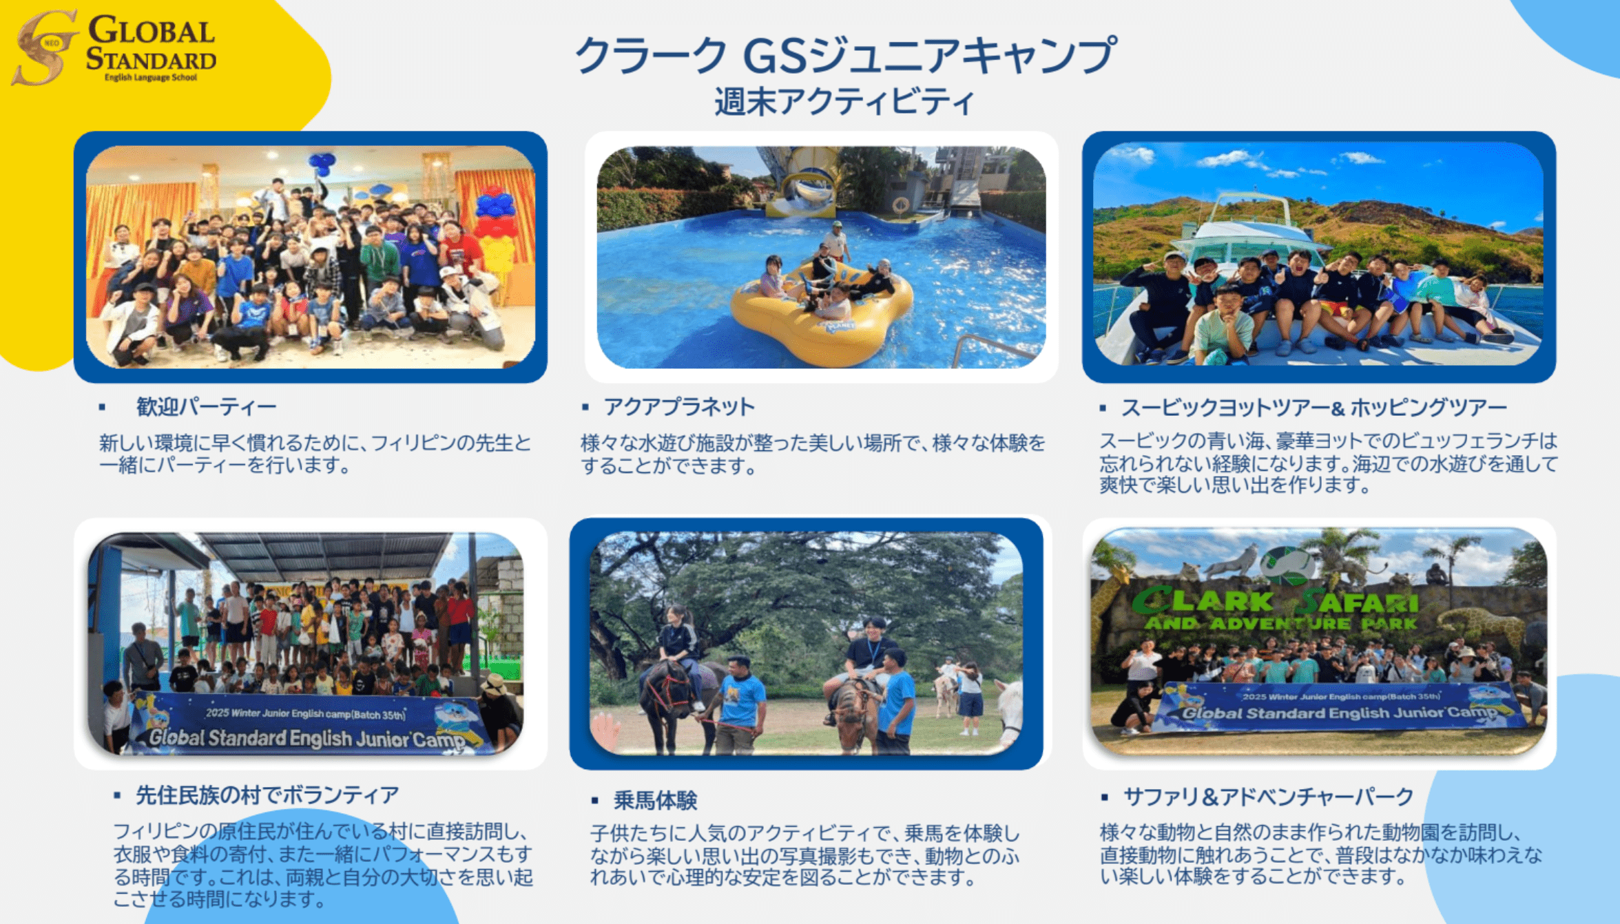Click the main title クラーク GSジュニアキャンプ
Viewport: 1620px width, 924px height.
[845, 55]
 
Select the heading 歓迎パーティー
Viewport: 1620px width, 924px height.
[206, 407]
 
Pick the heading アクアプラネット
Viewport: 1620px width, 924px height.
[679, 407]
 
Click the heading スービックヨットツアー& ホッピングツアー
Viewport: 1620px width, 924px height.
[1314, 408]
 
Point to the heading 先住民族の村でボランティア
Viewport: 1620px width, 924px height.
[267, 795]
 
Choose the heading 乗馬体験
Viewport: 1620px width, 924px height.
[655, 800]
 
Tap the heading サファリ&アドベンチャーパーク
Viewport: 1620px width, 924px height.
[1269, 797]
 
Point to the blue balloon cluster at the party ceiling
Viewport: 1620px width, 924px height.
[322, 164]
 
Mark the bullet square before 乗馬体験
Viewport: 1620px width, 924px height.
[595, 800]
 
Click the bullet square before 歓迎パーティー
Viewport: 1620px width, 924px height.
[102, 407]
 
